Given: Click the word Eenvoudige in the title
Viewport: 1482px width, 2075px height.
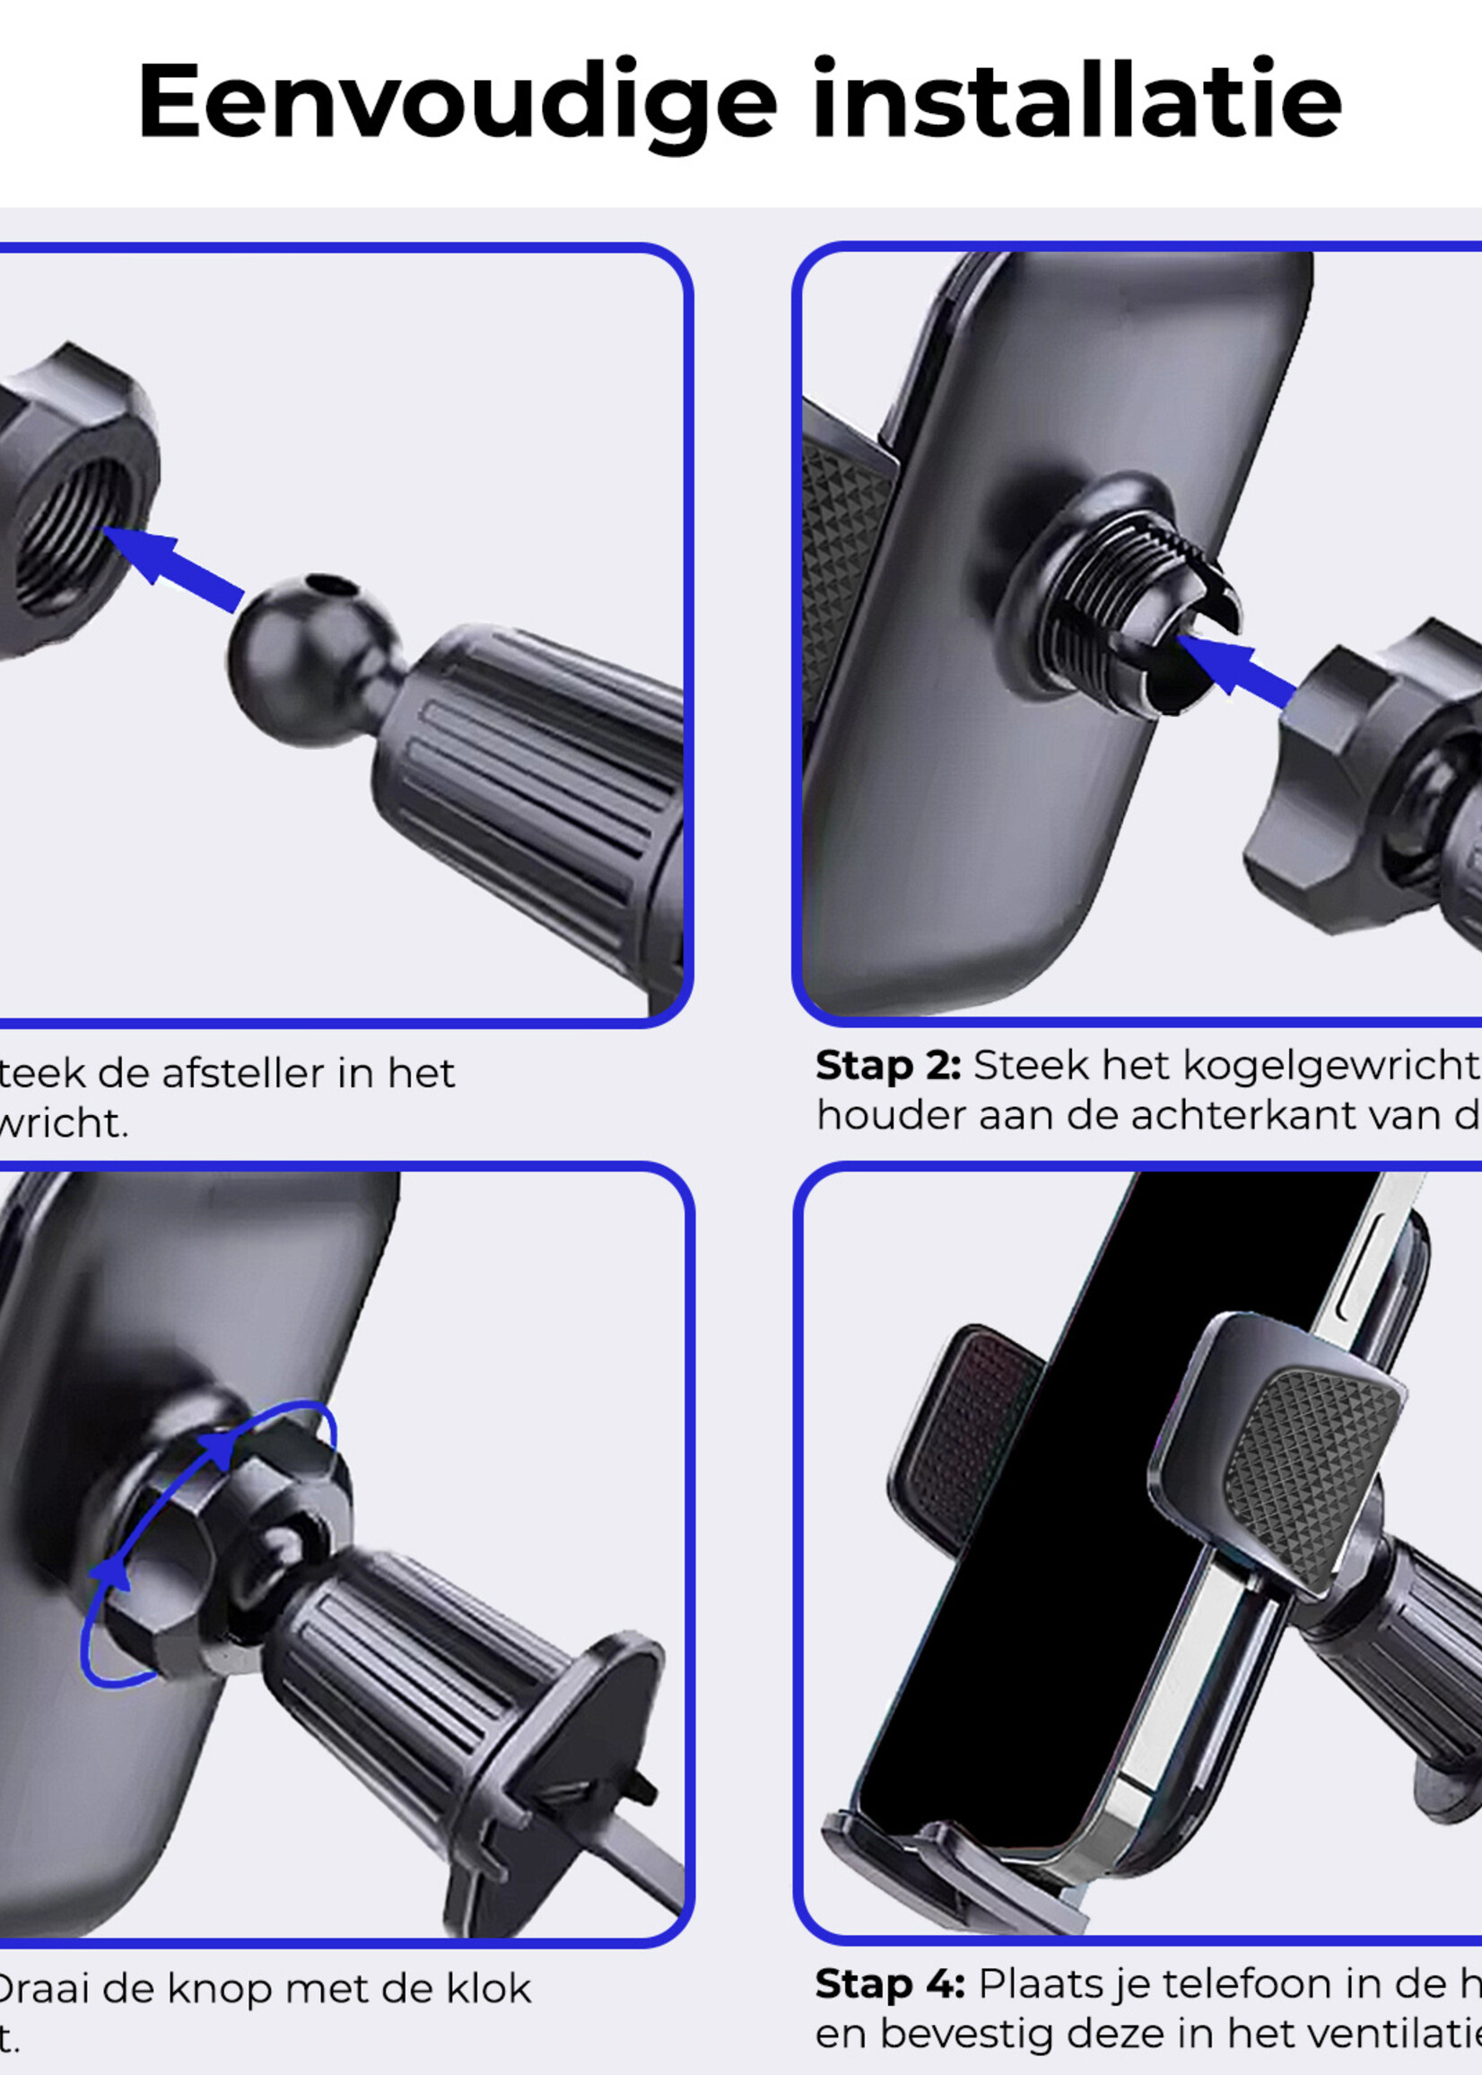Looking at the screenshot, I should [457, 102].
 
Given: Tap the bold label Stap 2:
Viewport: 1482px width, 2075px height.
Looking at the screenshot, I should [887, 1066].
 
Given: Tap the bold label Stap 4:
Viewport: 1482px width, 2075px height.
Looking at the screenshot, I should [889, 1983].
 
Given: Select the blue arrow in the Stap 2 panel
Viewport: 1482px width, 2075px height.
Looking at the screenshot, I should [1236, 671].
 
